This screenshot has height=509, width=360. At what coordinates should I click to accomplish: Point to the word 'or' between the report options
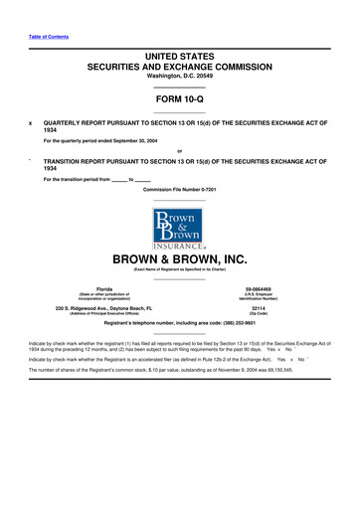click(179, 150)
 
